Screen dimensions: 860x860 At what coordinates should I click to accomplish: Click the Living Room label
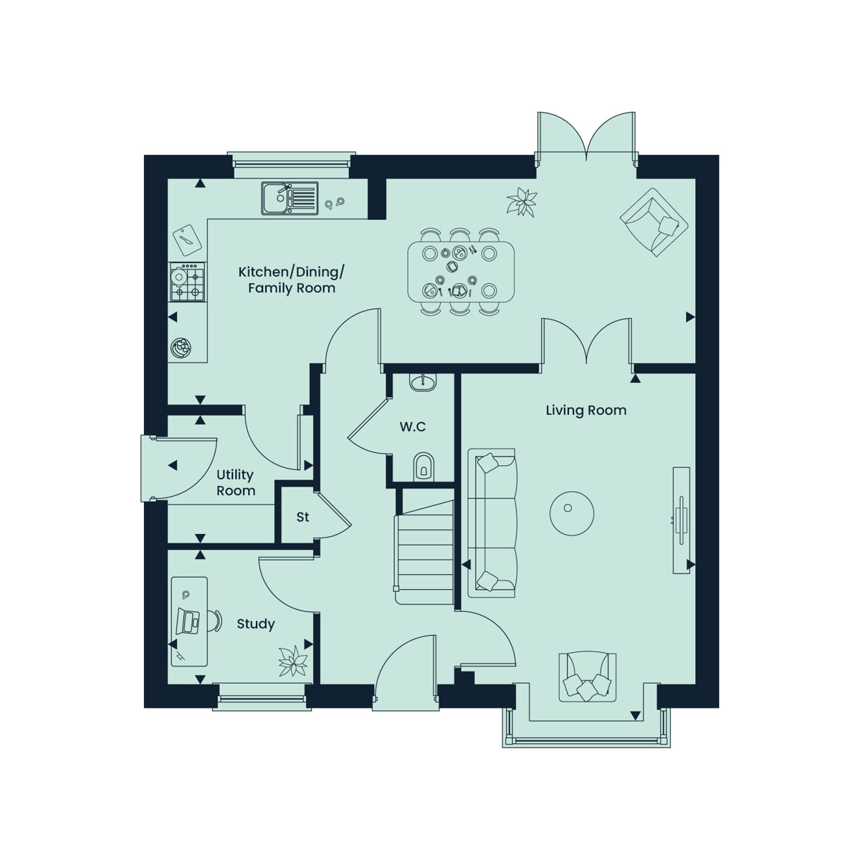point(586,410)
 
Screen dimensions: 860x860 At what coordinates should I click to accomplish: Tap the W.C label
point(412,426)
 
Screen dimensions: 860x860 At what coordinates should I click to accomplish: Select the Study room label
point(256,624)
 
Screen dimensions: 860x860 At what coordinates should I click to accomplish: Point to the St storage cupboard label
point(302,517)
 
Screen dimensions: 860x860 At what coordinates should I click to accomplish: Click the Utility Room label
point(236,482)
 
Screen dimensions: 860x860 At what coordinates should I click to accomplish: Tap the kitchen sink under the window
point(290,198)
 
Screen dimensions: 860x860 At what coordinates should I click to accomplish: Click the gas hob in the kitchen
point(187,282)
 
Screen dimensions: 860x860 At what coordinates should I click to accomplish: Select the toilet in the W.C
point(423,467)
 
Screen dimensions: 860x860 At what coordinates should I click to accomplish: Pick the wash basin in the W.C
point(422,382)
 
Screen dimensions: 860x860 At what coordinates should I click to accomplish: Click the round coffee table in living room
point(572,513)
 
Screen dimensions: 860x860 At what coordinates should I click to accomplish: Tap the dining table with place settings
point(461,272)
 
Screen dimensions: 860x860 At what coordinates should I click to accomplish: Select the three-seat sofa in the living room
point(492,523)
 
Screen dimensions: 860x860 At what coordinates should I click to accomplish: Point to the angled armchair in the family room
point(654,221)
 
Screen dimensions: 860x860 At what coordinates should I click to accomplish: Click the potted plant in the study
point(293,661)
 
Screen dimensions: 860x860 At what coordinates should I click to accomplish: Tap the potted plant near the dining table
point(522,201)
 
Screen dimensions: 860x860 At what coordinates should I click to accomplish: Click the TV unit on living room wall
point(681,520)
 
